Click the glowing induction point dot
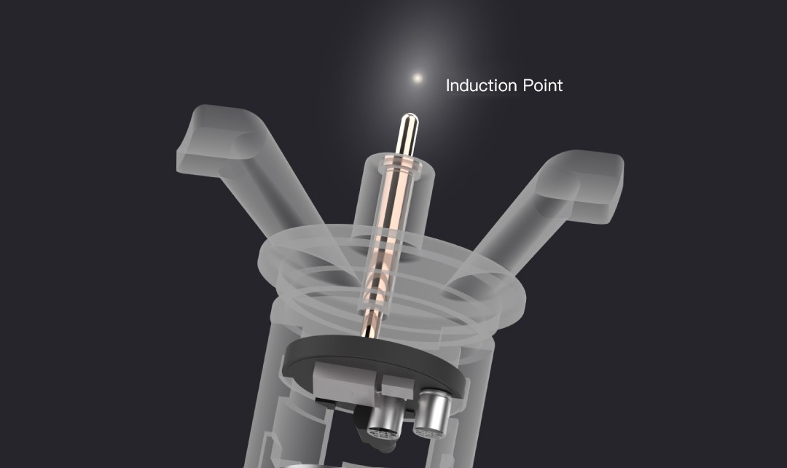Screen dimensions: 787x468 pos(417,78)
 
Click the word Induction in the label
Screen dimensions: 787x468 pos(482,85)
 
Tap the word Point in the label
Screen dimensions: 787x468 pos(543,85)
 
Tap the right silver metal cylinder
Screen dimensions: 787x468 pos(431,413)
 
